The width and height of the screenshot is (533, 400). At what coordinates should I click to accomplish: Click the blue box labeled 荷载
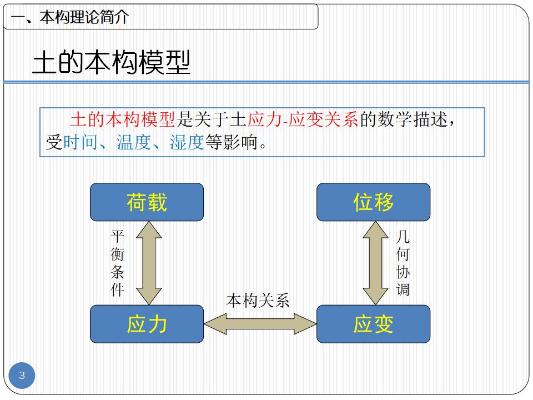(x=147, y=202)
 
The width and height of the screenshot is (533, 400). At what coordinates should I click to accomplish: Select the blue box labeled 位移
(x=373, y=202)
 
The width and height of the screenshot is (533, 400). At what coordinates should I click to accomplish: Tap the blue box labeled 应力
(x=147, y=324)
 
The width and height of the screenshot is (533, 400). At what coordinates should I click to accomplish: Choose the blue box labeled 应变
(x=373, y=324)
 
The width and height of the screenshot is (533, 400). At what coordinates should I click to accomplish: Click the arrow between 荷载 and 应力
(x=148, y=263)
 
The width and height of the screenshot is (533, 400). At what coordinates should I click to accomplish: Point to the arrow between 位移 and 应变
(x=375, y=263)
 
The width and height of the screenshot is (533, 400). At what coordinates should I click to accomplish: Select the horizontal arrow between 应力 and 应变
(x=260, y=324)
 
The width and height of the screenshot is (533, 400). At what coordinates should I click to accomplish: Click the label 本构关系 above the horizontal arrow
(x=258, y=301)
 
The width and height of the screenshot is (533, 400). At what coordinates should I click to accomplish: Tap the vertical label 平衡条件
(x=117, y=263)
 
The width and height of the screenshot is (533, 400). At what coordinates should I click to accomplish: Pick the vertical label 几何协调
(x=403, y=263)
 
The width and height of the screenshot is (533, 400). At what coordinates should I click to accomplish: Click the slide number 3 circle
(x=22, y=376)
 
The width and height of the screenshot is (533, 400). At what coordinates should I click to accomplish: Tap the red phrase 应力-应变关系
(x=303, y=119)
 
